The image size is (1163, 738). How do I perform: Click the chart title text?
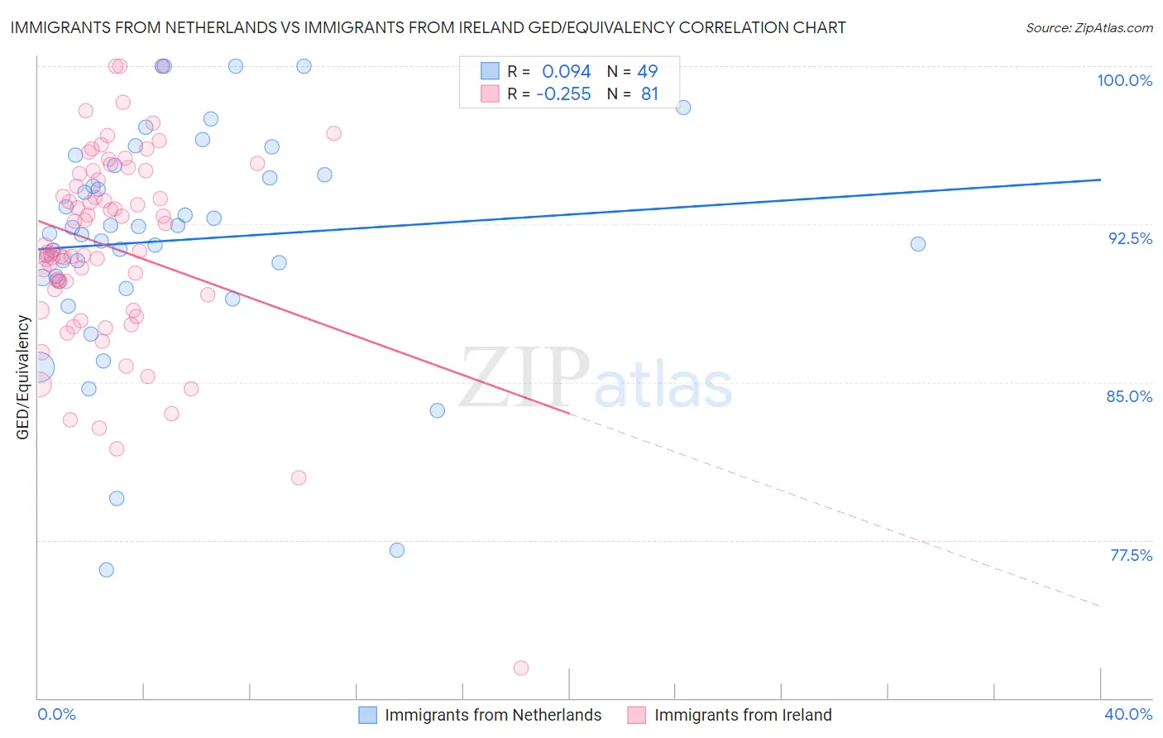click(428, 27)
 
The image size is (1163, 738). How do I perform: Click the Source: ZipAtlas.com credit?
click(1089, 27)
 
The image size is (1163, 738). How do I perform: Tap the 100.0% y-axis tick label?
click(1124, 80)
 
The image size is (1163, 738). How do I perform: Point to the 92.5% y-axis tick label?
click(1130, 238)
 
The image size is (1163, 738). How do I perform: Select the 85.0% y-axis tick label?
click(1129, 396)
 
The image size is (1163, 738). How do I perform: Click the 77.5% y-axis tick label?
click(1131, 555)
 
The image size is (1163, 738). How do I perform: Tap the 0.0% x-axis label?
click(56, 714)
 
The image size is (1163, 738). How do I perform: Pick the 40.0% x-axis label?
click(1127, 714)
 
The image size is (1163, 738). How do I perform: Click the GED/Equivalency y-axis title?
click(23, 377)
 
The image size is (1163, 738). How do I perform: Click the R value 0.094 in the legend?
click(566, 72)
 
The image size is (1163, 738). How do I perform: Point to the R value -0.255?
click(563, 94)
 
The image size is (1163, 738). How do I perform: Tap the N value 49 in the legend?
click(647, 72)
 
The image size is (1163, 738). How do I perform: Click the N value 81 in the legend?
click(649, 94)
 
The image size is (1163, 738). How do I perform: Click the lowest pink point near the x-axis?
click(521, 668)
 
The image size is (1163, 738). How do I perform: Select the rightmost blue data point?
click(918, 244)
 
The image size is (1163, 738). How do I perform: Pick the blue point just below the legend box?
click(683, 108)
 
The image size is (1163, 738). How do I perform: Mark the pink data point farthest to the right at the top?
click(334, 133)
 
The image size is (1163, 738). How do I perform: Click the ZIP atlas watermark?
click(596, 380)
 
